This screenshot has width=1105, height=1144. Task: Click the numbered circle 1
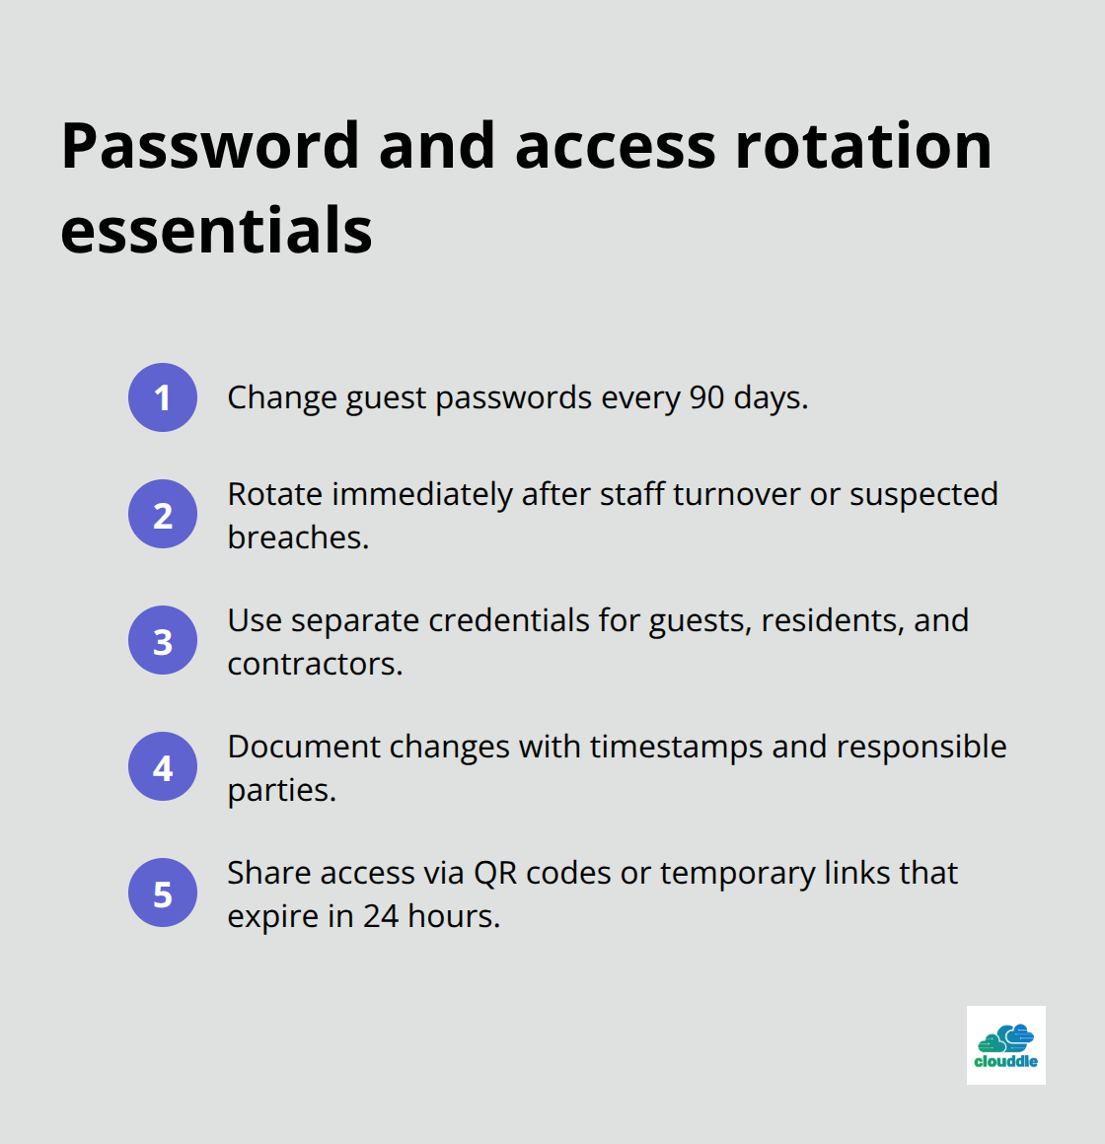coord(163,397)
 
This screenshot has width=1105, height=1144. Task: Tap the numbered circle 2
coord(163,514)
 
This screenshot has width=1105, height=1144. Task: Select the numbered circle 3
coord(163,640)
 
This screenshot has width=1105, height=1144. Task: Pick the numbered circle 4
coord(163,766)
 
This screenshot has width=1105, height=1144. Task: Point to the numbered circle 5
coord(163,893)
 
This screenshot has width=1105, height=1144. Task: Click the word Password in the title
coord(210,147)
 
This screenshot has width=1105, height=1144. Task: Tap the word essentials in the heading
coord(216,232)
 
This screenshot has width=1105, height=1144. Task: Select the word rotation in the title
coord(863,147)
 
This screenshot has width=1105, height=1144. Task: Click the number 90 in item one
coord(706,397)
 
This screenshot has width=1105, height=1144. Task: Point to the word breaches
coord(297,537)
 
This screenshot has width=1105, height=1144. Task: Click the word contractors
coord(314,664)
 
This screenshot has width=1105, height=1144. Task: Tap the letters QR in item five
coord(495,873)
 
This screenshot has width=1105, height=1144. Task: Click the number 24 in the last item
coord(381,916)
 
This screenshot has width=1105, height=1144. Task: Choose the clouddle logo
coord(1005,1045)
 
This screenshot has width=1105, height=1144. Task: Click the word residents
coord(832,620)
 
